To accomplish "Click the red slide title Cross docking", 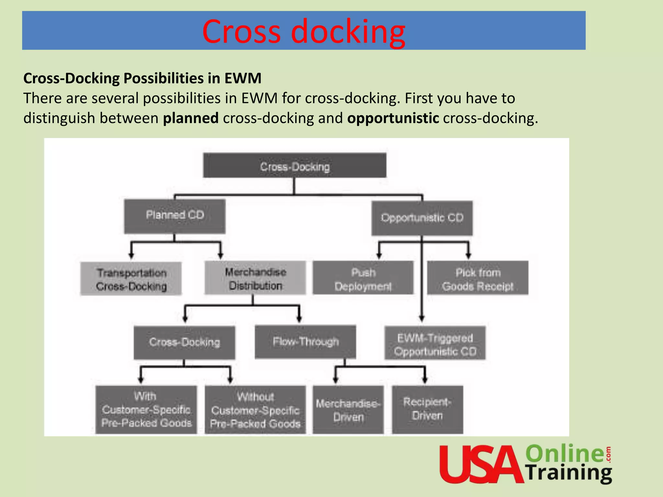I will click(x=304, y=31).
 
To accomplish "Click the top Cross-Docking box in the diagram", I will click(x=295, y=166).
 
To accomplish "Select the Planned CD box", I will click(x=175, y=216).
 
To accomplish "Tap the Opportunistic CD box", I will click(x=422, y=218).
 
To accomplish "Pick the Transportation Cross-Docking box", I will click(x=131, y=279).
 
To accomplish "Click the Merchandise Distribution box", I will click(x=255, y=278).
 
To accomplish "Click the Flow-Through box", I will click(x=305, y=342).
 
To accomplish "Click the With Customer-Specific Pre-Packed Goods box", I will click(x=146, y=410).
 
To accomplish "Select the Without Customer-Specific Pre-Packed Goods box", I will click(x=255, y=410).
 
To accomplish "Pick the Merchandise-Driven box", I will click(x=348, y=410).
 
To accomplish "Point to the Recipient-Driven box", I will click(x=427, y=409).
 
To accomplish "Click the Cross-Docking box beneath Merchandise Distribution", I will click(x=185, y=343).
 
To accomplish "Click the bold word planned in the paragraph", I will click(x=191, y=118).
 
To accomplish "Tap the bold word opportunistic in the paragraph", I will click(x=393, y=118).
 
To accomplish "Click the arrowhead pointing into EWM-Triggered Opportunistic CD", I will click(x=421, y=319).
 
